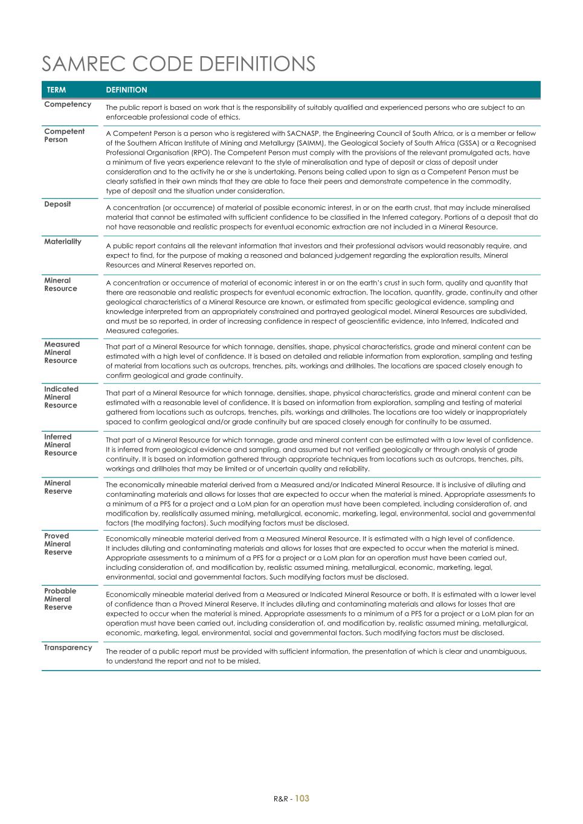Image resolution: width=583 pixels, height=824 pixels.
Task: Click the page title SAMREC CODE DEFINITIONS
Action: coord(179,64)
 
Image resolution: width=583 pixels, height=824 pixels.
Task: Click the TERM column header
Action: coord(56,90)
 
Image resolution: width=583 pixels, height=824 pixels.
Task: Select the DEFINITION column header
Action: coord(126,90)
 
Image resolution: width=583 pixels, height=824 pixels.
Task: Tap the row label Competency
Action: coord(68,104)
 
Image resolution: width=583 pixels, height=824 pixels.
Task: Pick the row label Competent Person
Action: coord(64,135)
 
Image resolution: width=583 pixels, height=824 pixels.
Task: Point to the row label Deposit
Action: coord(57,204)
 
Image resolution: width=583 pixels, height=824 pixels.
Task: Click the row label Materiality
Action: coord(62,241)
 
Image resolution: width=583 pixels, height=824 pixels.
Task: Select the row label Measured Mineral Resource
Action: coord(61,353)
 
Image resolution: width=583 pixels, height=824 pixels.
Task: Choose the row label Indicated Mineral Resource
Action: coord(61,397)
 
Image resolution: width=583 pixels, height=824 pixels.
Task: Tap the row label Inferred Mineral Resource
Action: coord(60,445)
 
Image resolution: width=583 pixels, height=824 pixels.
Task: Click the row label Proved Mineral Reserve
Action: coord(58,544)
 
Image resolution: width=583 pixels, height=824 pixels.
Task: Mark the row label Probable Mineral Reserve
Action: coord(60,599)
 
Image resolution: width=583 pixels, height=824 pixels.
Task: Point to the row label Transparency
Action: coord(68,648)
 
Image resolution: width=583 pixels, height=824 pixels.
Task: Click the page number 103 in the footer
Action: coord(302,798)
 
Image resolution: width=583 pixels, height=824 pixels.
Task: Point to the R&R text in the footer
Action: coord(280,799)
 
